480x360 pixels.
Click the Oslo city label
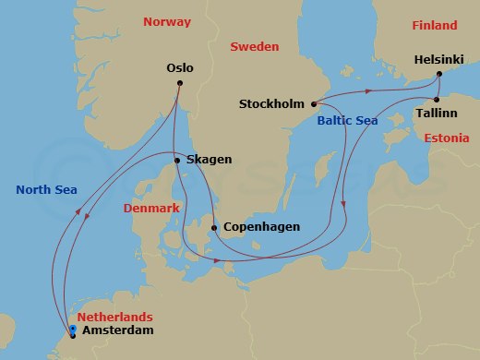pos(181,67)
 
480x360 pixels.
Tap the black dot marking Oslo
pos(180,84)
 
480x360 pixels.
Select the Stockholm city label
pos(272,103)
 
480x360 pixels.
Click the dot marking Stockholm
pos(314,103)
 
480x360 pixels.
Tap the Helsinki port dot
pos(440,74)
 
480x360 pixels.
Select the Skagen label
pos(209,160)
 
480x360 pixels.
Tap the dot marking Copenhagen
pos(214,227)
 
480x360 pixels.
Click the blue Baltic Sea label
pos(346,120)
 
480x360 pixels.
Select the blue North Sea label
pos(46,190)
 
